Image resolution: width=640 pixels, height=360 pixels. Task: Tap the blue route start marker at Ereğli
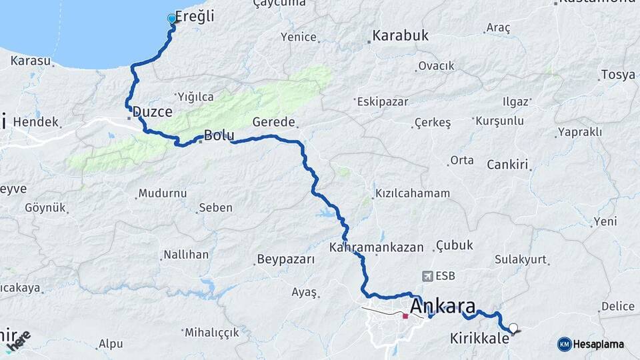tap(172, 19)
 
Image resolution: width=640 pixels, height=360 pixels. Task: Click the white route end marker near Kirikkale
tap(513, 327)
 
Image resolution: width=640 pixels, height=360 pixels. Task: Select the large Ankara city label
tap(443, 307)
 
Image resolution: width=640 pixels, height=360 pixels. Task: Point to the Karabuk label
tap(400, 35)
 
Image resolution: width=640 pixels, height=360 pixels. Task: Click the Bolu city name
tap(219, 136)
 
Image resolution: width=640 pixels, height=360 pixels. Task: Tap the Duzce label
tap(153, 111)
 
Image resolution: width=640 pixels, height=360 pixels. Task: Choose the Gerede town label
tap(273, 122)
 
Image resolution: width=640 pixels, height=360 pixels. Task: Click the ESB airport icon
tap(428, 275)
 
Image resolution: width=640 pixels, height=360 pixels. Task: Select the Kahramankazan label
tap(376, 247)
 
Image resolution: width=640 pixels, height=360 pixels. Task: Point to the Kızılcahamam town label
tap(413, 193)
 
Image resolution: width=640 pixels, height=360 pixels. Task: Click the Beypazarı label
tap(285, 259)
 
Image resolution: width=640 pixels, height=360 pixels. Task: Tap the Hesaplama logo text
tap(599, 344)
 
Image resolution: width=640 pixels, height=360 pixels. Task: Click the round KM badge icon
tap(564, 344)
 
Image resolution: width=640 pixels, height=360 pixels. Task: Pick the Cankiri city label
tap(507, 165)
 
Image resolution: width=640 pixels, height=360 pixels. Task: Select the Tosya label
tap(617, 75)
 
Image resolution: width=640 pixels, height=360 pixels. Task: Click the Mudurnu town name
tap(162, 194)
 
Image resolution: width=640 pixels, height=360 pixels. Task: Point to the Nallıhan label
tap(187, 255)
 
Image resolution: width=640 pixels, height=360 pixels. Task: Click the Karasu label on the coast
tap(31, 61)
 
